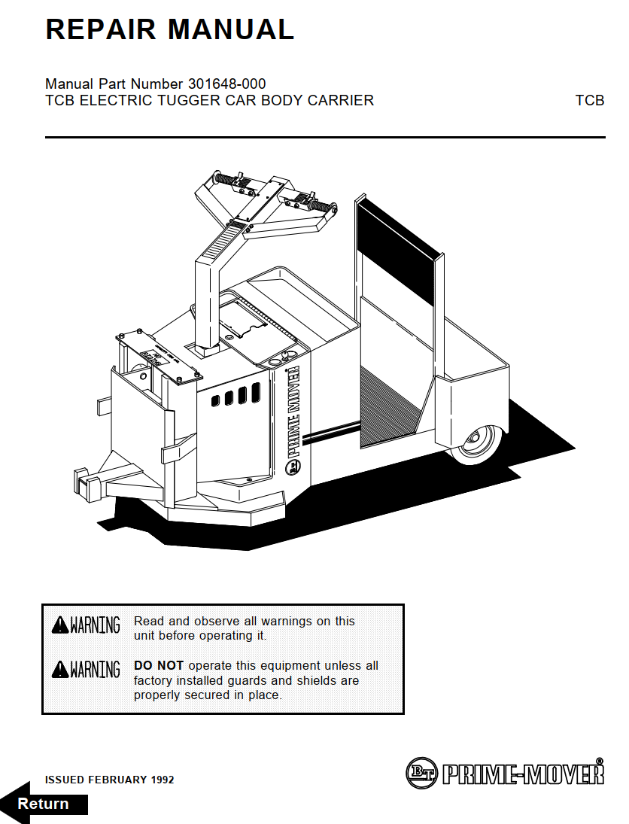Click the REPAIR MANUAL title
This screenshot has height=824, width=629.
click(x=169, y=29)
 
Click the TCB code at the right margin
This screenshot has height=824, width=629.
click(x=589, y=100)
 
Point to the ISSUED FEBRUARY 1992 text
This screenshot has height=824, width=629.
click(x=109, y=780)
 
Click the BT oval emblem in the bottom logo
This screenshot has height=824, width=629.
click(x=422, y=772)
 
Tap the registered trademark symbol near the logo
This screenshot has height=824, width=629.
click(x=600, y=761)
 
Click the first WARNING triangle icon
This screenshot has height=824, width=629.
click(x=59, y=625)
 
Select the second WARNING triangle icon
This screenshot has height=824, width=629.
click(x=59, y=669)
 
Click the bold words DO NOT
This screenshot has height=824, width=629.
click(x=159, y=666)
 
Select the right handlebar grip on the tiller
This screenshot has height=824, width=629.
click(x=319, y=205)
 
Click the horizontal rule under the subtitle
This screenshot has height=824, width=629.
click(x=325, y=138)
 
